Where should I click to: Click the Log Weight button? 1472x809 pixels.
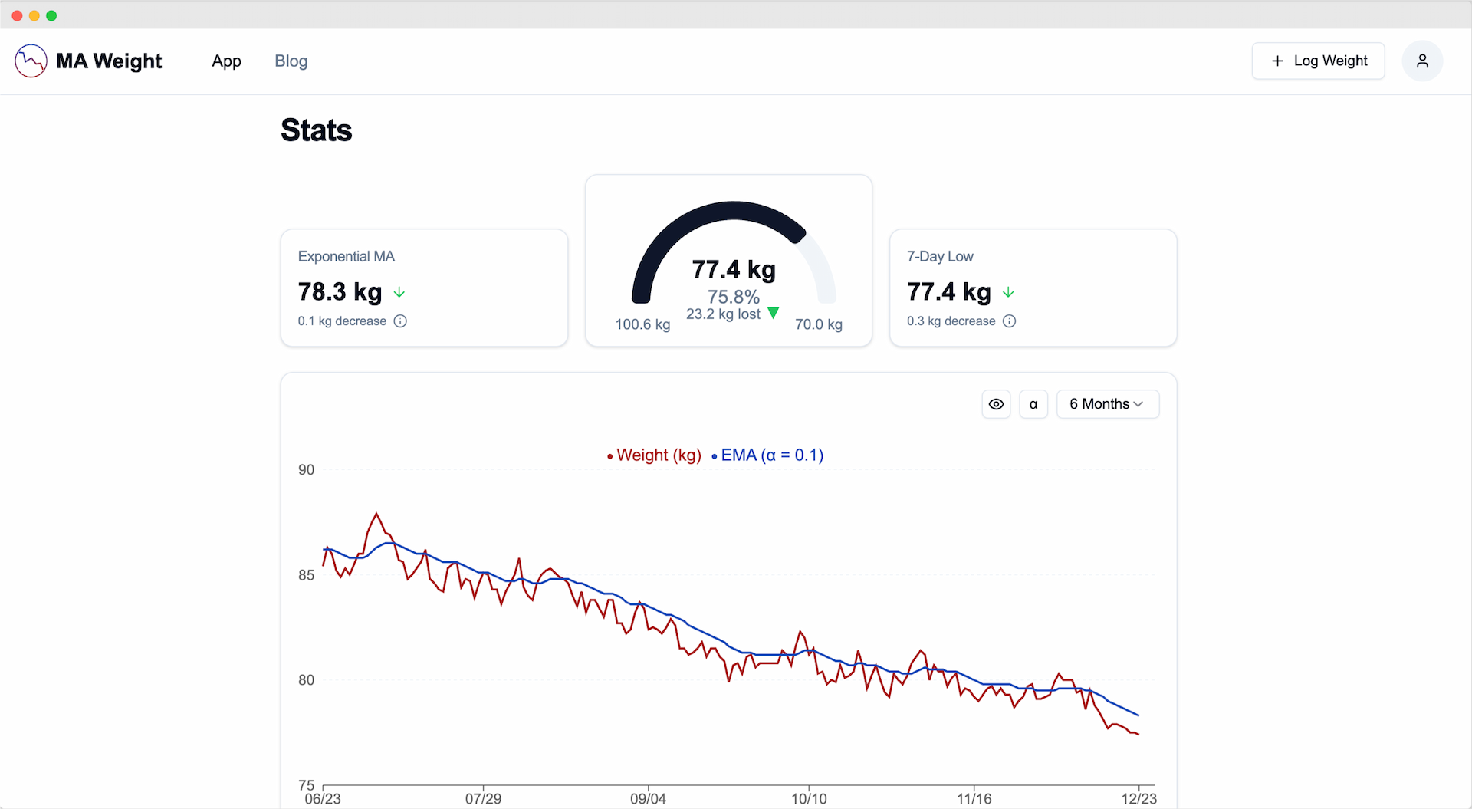tap(1318, 61)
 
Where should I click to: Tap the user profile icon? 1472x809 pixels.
tap(1422, 61)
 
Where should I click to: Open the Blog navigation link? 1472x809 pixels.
tap(291, 61)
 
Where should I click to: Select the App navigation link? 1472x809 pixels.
tap(226, 61)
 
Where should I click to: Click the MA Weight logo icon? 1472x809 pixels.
tap(31, 61)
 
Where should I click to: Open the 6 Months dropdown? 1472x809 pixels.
tap(1107, 404)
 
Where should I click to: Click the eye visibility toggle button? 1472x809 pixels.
tap(996, 404)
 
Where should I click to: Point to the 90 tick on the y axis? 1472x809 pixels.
tap(306, 470)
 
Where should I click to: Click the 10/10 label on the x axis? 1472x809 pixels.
tap(809, 799)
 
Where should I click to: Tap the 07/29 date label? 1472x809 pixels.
tap(483, 799)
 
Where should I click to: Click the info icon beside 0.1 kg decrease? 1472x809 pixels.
tap(400, 321)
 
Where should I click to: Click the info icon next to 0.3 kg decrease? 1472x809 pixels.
tap(1010, 321)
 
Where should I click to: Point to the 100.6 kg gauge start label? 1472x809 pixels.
tap(642, 324)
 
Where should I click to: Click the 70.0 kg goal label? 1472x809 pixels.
tap(818, 324)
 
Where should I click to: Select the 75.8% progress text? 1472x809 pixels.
tap(733, 297)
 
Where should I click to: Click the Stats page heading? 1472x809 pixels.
tap(316, 130)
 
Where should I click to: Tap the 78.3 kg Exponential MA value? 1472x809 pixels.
tap(340, 292)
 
